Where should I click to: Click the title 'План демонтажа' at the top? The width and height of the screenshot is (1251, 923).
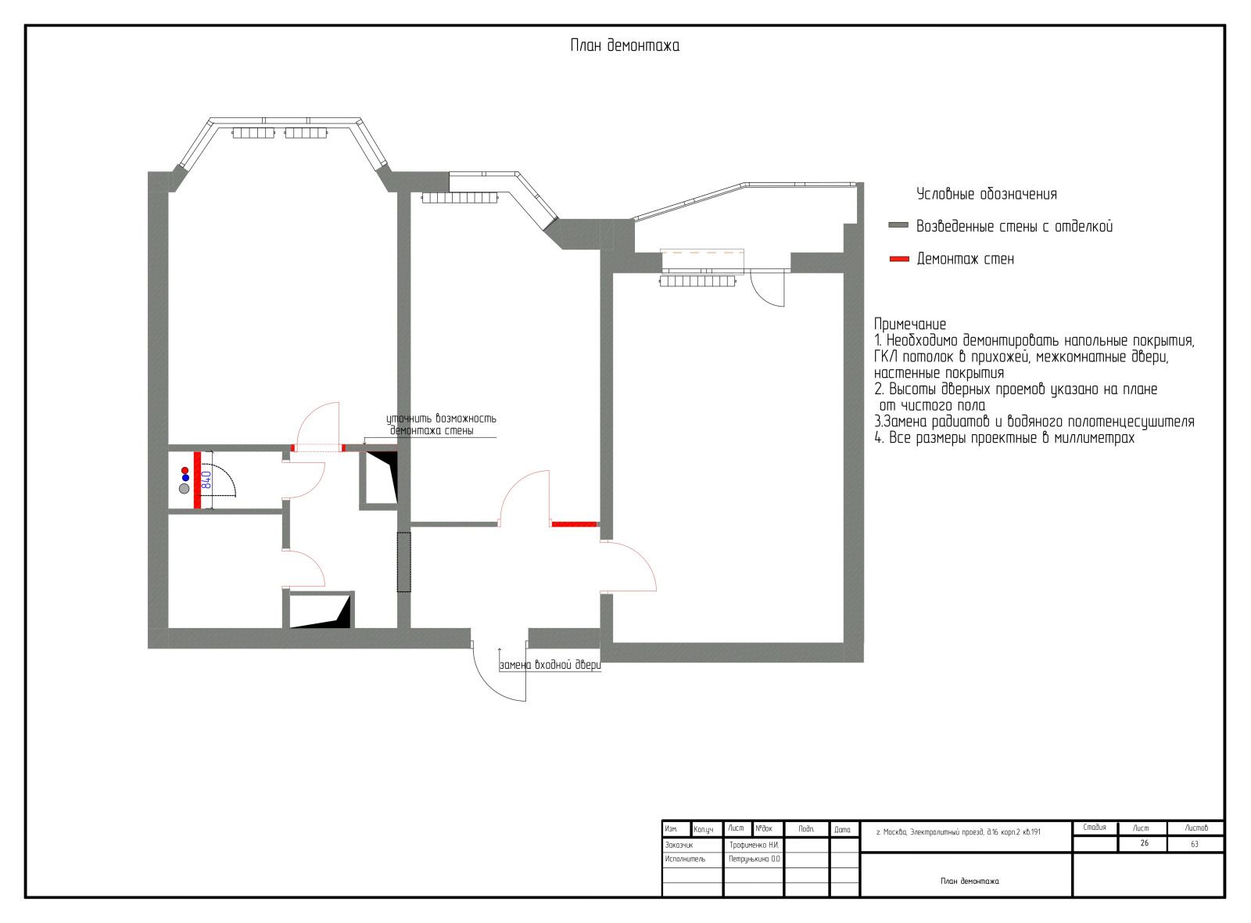625,45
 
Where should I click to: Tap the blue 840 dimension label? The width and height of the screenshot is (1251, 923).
206,480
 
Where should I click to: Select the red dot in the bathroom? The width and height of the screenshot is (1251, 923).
185,470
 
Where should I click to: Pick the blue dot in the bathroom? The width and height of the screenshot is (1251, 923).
185,478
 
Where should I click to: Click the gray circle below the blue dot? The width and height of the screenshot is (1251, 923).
185,489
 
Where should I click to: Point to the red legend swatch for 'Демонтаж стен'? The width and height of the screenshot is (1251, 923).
898,259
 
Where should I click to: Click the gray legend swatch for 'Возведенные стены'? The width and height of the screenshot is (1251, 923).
898,225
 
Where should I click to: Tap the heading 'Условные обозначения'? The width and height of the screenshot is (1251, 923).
986,194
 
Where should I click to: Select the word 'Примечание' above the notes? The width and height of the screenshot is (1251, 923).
910,324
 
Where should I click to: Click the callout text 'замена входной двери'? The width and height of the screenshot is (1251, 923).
550,665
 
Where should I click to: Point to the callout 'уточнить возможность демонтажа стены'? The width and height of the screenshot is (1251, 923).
441,425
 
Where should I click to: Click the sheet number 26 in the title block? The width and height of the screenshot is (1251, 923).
1144,843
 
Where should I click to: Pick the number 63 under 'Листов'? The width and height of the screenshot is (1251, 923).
1194,844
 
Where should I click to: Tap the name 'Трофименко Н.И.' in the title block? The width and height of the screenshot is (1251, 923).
754,845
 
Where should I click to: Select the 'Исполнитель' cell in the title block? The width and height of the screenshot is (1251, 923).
685,859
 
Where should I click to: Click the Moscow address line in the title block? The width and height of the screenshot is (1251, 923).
959,832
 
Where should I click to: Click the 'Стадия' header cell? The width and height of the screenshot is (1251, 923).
1094,828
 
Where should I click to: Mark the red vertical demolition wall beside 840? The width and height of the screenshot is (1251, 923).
197,480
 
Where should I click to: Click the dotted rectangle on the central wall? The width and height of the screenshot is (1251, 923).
403,562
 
